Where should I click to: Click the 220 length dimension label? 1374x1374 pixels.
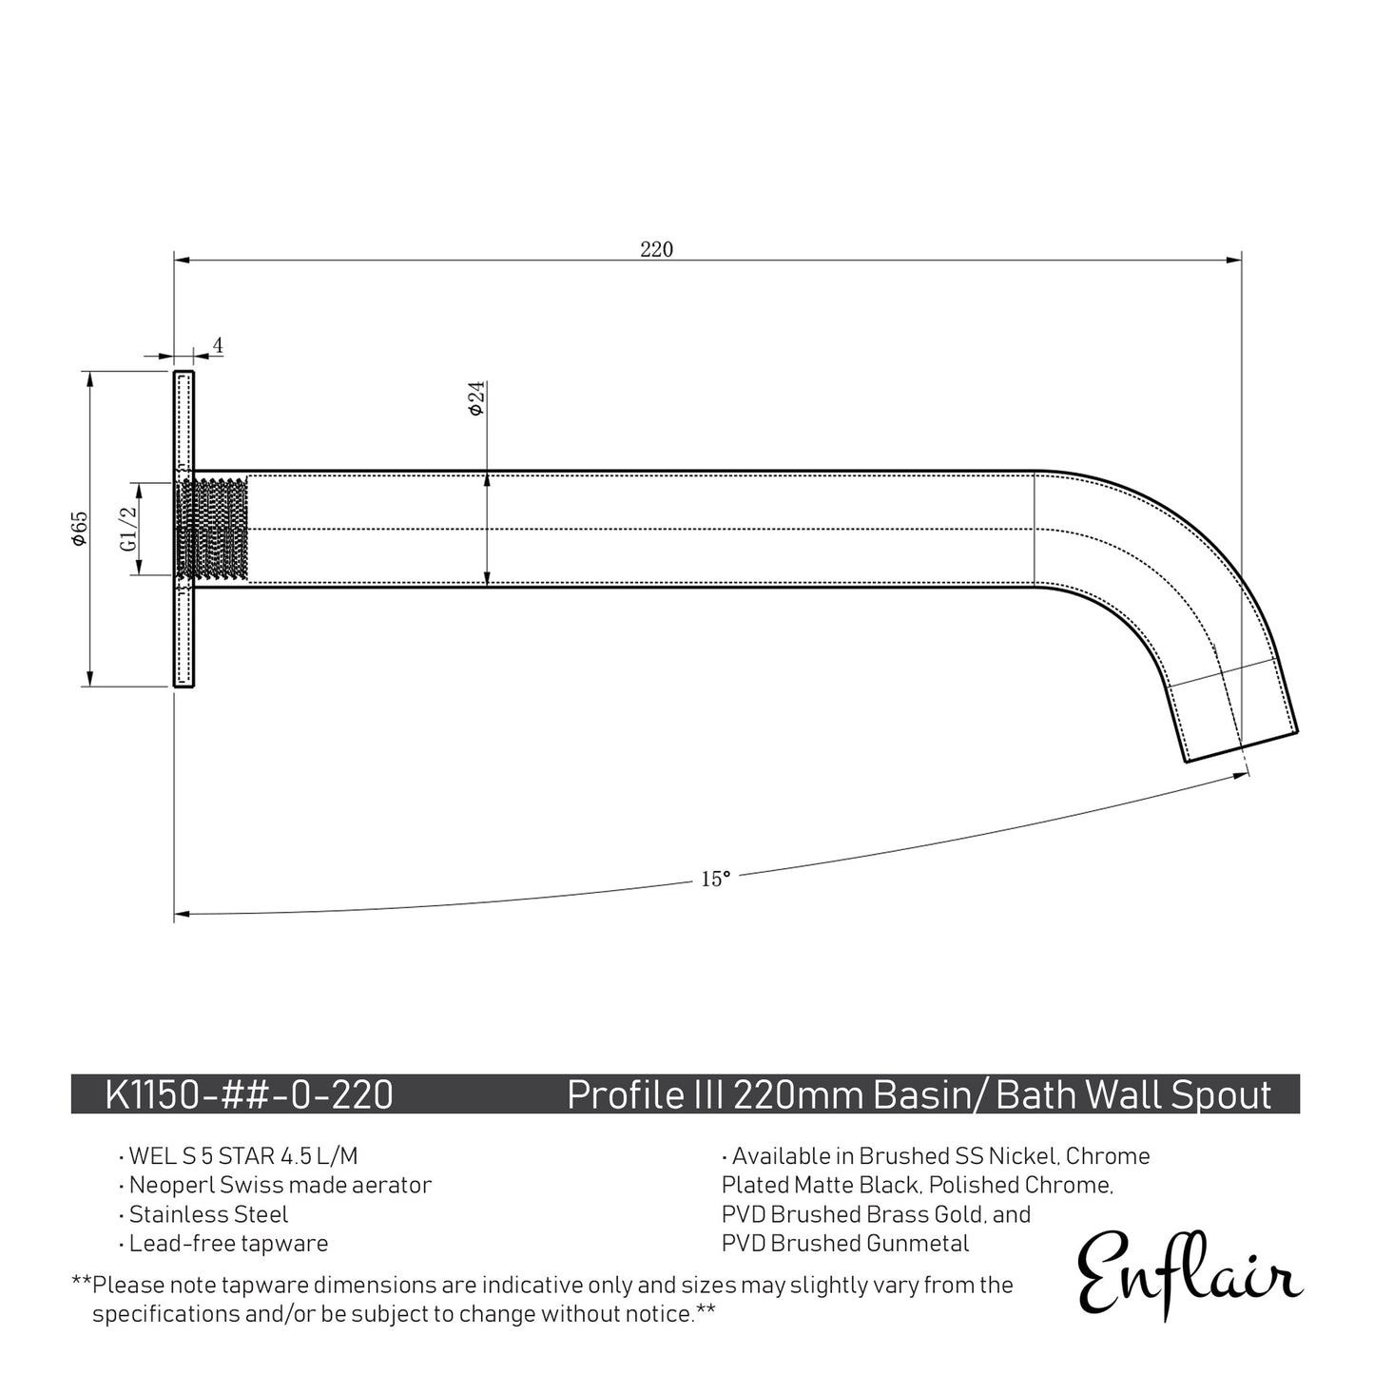click(656, 249)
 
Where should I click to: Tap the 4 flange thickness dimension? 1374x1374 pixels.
click(218, 345)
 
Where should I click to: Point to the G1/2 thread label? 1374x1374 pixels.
click(127, 529)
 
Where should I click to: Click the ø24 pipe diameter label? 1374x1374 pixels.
click(476, 397)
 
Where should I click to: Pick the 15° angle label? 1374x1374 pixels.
click(715, 880)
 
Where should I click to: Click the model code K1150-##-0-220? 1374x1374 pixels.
click(249, 1094)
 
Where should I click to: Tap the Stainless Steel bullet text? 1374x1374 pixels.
click(208, 1214)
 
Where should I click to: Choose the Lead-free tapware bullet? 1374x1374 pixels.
click(228, 1243)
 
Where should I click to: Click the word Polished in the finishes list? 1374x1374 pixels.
click(975, 1185)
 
